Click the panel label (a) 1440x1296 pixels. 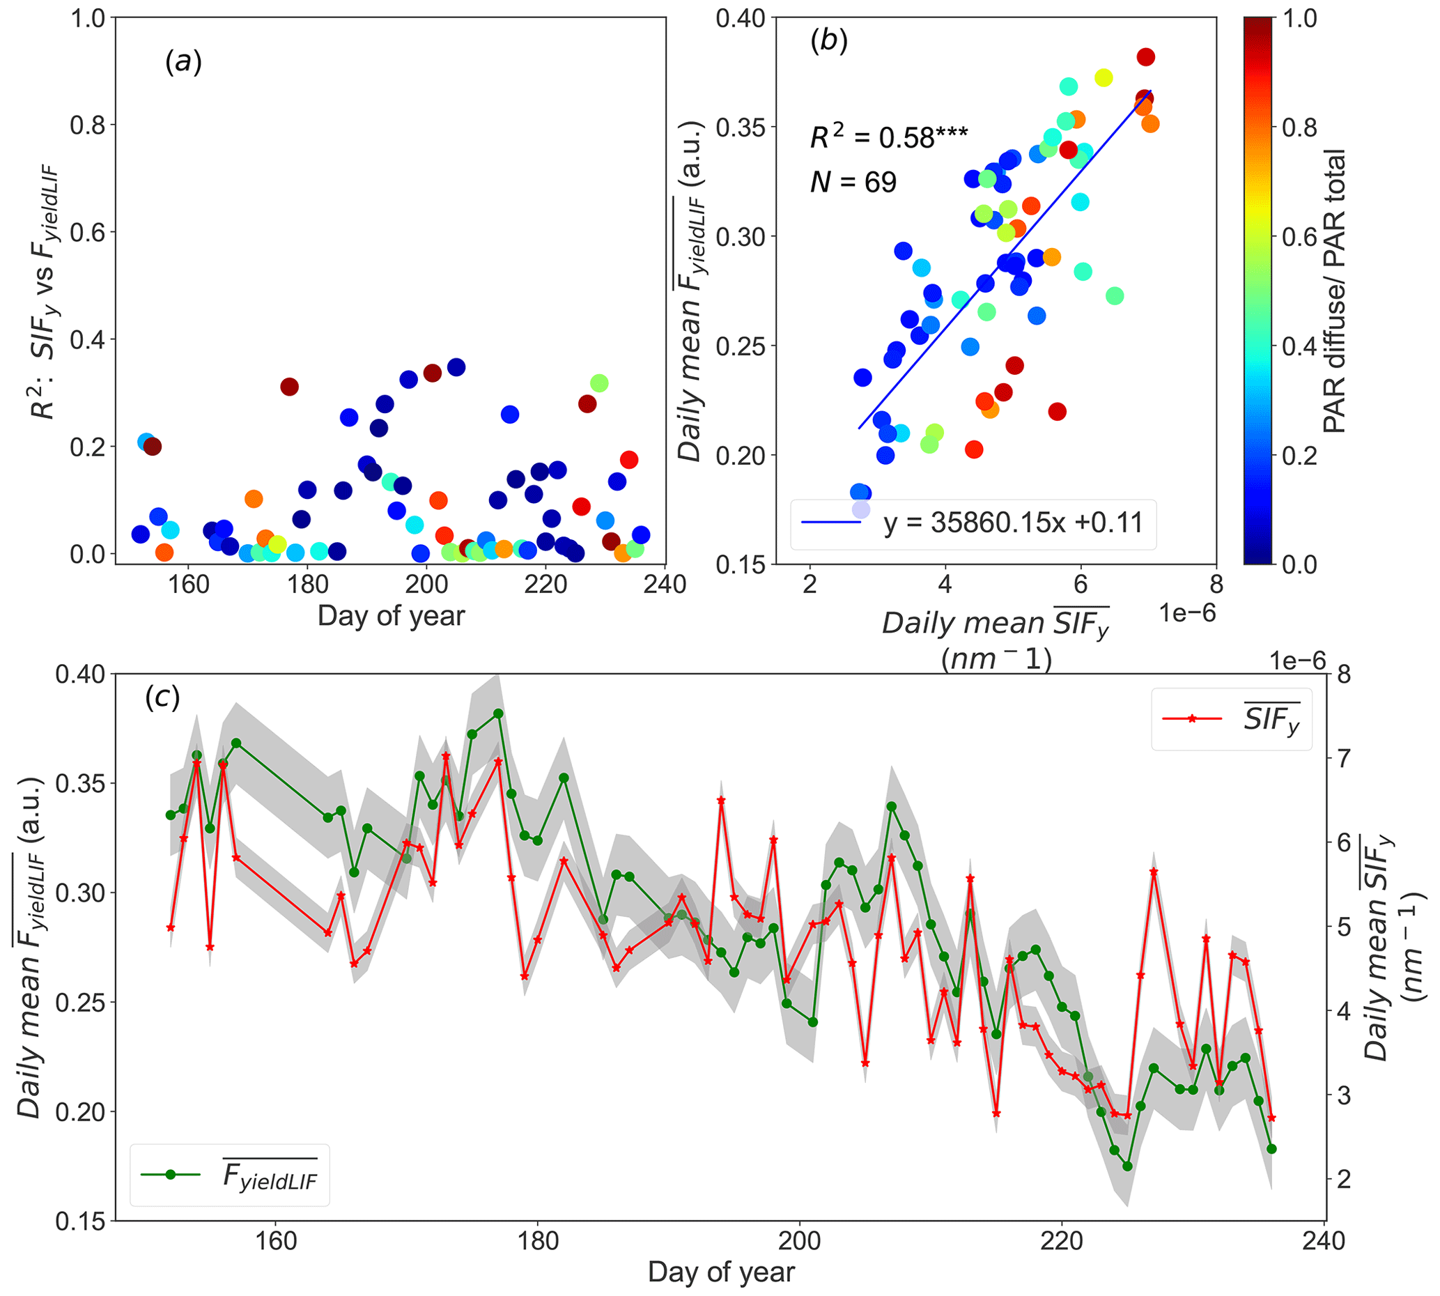click(x=183, y=63)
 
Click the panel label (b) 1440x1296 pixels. click(x=828, y=41)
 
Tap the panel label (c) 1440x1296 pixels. click(x=162, y=697)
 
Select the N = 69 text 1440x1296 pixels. click(x=853, y=183)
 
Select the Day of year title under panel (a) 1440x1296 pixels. click(x=391, y=616)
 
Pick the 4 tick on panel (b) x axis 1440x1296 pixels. click(x=945, y=585)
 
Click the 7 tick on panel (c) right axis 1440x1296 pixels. click(x=1343, y=758)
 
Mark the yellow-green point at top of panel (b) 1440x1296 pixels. click(x=1104, y=77)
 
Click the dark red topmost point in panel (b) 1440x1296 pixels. click(x=1145, y=57)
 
